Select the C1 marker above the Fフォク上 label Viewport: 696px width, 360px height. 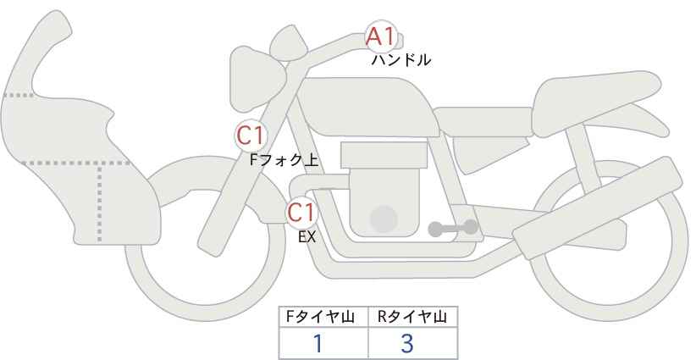coord(251,136)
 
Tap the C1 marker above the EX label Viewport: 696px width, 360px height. coord(301,212)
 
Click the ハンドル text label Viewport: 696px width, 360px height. coord(400,59)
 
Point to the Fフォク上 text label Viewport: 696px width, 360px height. coord(284,160)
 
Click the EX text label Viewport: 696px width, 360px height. coord(307,237)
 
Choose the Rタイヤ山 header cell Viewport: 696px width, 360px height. coord(413,317)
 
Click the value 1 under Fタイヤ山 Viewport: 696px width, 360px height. coord(318,344)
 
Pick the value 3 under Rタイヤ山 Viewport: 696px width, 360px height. coord(407,344)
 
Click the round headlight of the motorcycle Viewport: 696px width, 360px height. coord(257,80)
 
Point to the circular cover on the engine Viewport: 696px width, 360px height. coord(384,219)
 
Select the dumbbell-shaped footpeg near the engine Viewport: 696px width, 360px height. coord(453,228)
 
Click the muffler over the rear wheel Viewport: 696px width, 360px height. coord(598,208)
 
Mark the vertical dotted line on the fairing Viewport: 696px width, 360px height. coord(99,202)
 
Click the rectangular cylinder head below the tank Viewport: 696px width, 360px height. coord(384,155)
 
